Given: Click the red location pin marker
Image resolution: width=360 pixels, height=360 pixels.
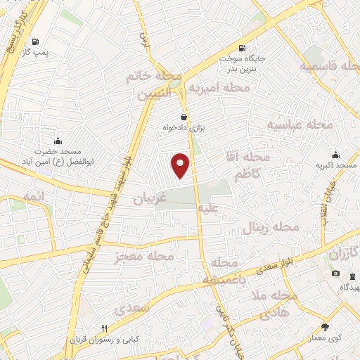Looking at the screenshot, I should coord(181,165).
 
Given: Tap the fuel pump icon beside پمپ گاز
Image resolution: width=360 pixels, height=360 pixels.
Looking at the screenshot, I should coord(35,41).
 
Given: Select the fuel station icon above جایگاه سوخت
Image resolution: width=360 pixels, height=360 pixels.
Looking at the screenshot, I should coord(243,48).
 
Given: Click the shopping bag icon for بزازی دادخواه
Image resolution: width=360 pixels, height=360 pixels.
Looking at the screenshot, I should coord(184,117).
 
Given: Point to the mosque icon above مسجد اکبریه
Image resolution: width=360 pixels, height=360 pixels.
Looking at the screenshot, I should coord(335,155).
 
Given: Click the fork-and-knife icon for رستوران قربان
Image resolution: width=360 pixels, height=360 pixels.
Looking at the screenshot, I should coord(104,328).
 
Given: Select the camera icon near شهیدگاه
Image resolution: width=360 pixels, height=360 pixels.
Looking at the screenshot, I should coord(335,274).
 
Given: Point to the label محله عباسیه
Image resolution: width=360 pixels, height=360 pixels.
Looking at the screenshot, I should coord(298,124).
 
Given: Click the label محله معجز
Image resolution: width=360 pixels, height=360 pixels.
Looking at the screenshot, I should coord(145,257).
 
